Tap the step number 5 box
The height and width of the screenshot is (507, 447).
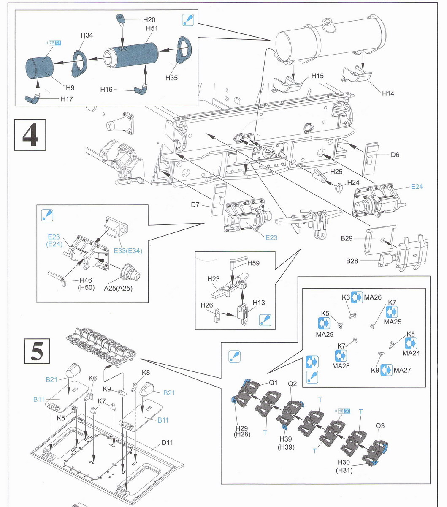click(x=37, y=350)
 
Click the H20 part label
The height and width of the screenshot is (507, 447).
click(x=149, y=19)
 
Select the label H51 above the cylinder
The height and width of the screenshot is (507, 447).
click(x=152, y=28)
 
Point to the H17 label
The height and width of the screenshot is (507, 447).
click(x=67, y=99)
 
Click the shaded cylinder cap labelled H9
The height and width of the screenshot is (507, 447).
click(x=39, y=70)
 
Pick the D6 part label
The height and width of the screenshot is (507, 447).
click(x=395, y=155)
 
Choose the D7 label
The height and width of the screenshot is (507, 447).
click(x=195, y=205)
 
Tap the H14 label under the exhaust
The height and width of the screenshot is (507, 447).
click(x=388, y=93)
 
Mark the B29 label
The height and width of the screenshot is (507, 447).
click(x=347, y=238)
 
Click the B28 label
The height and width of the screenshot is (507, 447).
click(x=352, y=261)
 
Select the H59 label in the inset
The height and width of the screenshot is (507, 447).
click(x=254, y=263)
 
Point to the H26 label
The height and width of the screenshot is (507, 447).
click(x=207, y=305)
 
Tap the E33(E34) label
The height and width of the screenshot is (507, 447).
click(x=128, y=251)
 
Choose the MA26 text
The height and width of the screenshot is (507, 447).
click(x=373, y=297)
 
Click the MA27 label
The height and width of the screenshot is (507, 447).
click(x=402, y=371)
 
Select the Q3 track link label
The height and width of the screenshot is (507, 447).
click(x=380, y=425)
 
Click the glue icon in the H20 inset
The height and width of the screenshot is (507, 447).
click(x=188, y=20)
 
